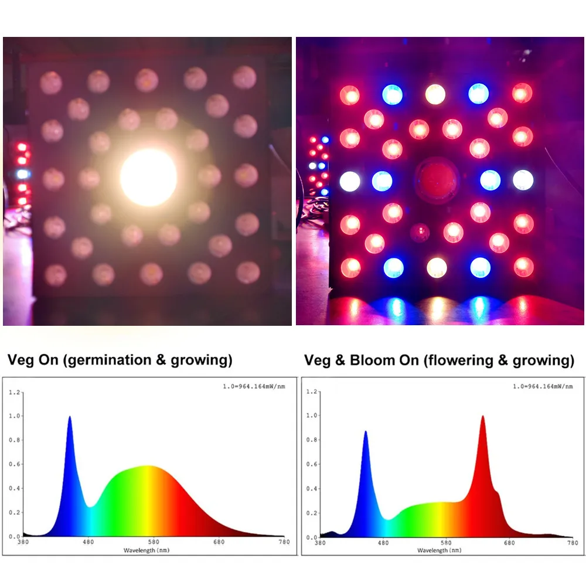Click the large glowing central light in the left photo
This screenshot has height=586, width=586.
pos(148,177)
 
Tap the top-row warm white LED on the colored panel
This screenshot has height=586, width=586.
pos(435,94)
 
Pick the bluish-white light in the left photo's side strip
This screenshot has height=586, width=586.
pos(23,174)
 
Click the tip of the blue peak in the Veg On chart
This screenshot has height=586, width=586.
pos(70,417)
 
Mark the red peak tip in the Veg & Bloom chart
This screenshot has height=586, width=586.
pos(482,417)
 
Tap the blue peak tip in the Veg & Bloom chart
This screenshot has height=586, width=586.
pos(366,432)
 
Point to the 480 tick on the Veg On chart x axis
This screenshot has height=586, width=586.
pos(88,542)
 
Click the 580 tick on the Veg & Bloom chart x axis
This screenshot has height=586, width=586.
pos(447,543)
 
